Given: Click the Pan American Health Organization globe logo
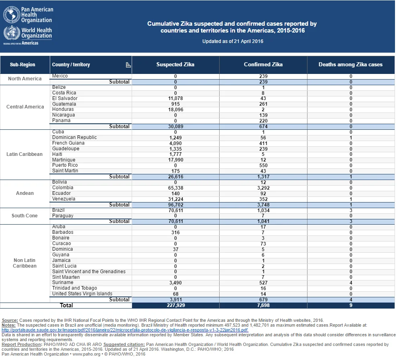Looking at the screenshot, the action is [11, 14].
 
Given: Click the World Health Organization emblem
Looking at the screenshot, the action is [11, 33].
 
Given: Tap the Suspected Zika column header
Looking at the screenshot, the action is [175, 65].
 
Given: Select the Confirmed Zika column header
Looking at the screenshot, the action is [263, 65].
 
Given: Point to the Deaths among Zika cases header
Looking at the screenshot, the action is [350, 65].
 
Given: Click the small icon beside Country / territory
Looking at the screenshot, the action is [128, 65].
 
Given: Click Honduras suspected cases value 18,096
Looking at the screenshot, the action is [175, 110].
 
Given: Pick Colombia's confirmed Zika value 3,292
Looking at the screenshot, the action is [263, 188].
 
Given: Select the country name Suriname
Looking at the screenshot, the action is [63, 282].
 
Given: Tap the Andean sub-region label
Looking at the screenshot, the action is [25, 193].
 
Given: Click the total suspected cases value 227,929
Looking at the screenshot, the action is [176, 305].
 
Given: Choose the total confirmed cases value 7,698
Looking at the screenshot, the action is [263, 305].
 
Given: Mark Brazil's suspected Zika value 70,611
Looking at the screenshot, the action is [176, 210].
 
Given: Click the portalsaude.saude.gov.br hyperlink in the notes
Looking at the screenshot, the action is [125, 330].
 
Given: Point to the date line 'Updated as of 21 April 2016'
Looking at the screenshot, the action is [233, 41].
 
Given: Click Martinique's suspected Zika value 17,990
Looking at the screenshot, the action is [175, 160].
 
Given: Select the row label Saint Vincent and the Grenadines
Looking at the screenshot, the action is [89, 271].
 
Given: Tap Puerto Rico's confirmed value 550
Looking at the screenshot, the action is [263, 166].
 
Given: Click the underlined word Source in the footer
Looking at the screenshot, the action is [10, 320].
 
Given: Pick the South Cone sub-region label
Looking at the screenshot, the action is [24, 216].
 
